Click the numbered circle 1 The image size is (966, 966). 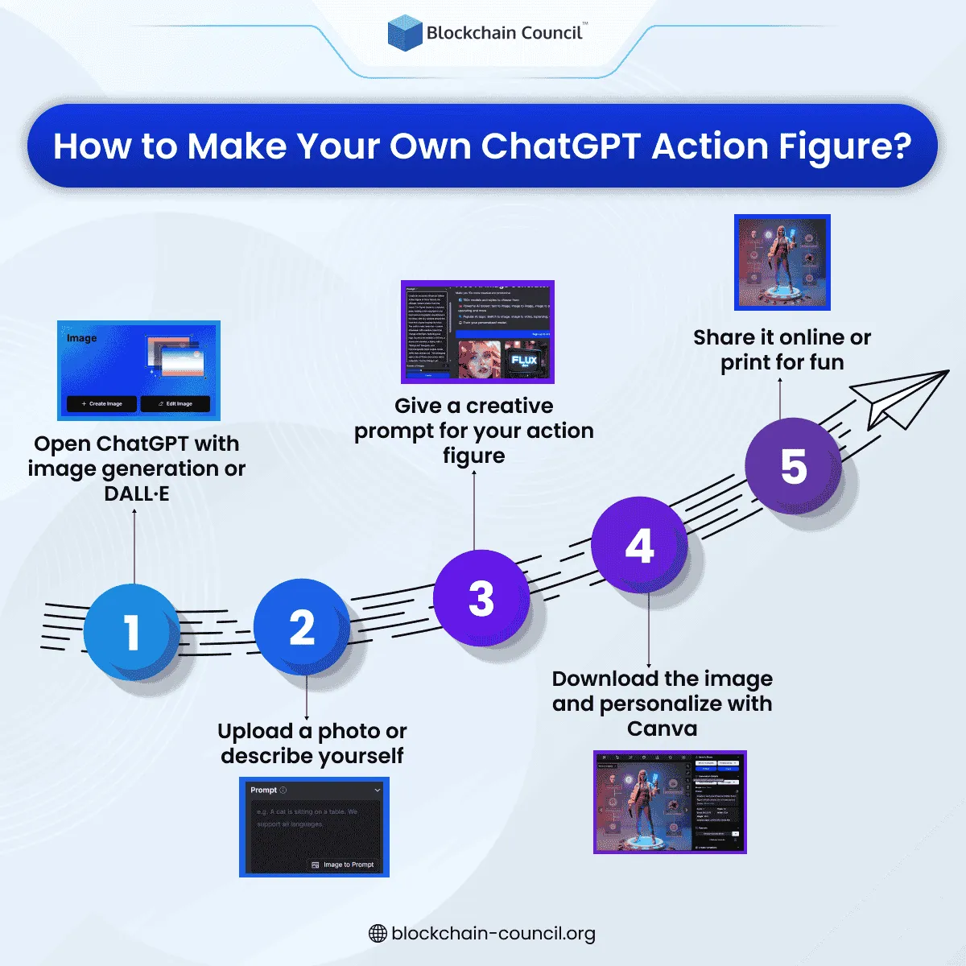click(131, 632)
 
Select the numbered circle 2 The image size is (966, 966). click(302, 627)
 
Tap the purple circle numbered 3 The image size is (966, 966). click(481, 598)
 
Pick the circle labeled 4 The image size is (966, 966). click(639, 546)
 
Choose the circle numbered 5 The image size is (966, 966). click(793, 466)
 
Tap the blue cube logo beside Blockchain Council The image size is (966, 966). click(405, 33)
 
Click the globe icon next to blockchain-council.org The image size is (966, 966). click(378, 934)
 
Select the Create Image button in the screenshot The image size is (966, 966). click(102, 403)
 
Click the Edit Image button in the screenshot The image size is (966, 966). click(175, 403)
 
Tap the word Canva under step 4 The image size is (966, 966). click(662, 729)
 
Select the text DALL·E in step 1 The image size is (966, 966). click(137, 494)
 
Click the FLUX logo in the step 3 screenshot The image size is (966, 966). click(524, 361)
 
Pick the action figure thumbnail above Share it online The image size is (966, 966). click(782, 262)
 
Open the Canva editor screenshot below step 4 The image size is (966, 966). click(670, 802)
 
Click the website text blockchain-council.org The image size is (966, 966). click(493, 934)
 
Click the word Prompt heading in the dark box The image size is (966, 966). click(263, 790)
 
